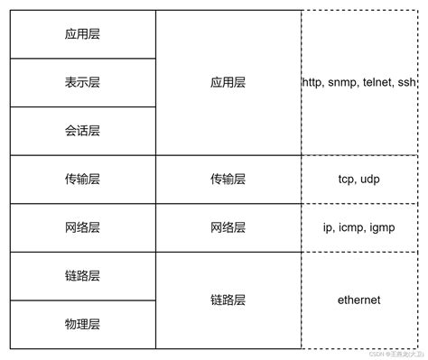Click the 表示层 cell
coord(82,82)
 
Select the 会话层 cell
coord(82,131)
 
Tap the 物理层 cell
coord(82,323)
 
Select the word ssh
coord(409,83)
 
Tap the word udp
coord(372,180)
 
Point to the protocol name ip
coord(329,227)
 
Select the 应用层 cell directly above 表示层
coord(82,34)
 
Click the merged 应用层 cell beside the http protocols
coord(228,82)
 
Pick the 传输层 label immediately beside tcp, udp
coord(228,180)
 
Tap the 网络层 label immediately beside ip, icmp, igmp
coord(228,227)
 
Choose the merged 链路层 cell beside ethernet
coord(228,300)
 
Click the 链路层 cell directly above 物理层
coord(82,275)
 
